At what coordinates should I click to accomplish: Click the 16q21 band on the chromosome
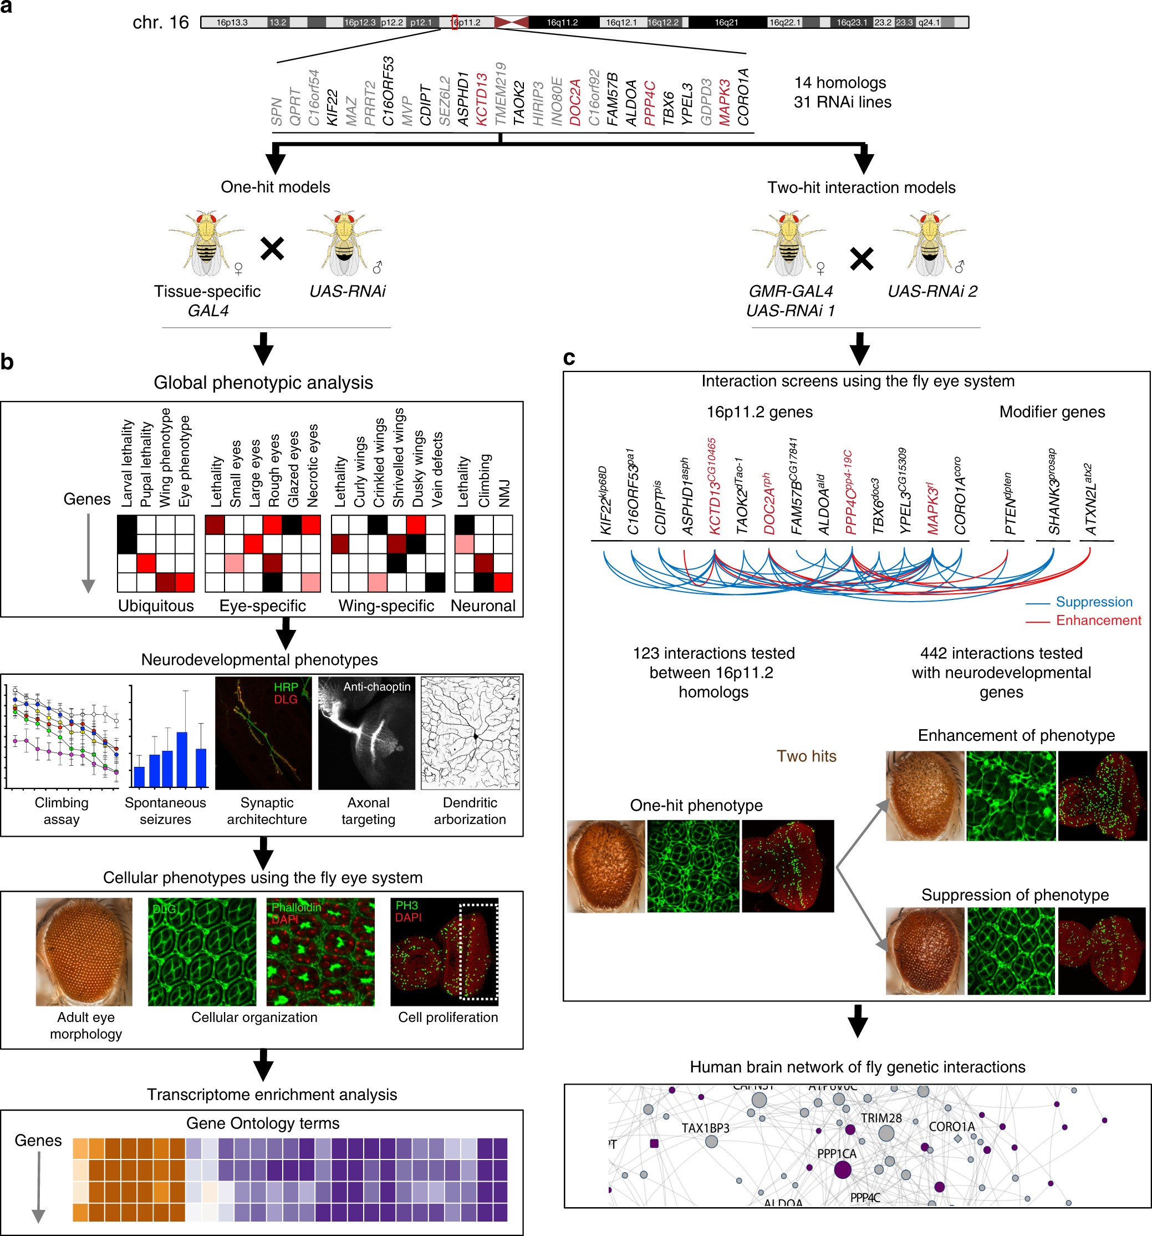pyautogui.click(x=726, y=22)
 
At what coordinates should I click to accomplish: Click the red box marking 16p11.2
pyautogui.click(x=455, y=22)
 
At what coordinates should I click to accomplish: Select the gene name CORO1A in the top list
pyautogui.click(x=743, y=97)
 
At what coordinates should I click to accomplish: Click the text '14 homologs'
pyautogui.click(x=840, y=83)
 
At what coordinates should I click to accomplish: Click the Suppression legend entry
pyautogui.click(x=1094, y=602)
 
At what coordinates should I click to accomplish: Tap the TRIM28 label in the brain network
pyautogui.click(x=881, y=1118)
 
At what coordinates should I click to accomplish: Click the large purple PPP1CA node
pyautogui.click(x=843, y=1170)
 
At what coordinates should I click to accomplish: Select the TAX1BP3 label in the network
pyautogui.click(x=705, y=1128)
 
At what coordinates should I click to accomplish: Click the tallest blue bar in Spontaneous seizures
pyautogui.click(x=182, y=760)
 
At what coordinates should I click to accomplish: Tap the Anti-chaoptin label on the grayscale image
pyautogui.click(x=377, y=686)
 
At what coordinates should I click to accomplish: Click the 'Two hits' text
pyautogui.click(x=806, y=756)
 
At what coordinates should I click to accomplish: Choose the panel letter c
pyautogui.click(x=569, y=358)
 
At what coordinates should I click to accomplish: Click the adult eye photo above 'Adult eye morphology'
pyautogui.click(x=84, y=951)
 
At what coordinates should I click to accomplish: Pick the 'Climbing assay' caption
pyautogui.click(x=62, y=811)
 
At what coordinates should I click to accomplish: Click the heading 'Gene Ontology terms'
pyautogui.click(x=263, y=1123)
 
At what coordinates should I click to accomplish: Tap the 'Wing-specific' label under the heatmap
pyautogui.click(x=386, y=606)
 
